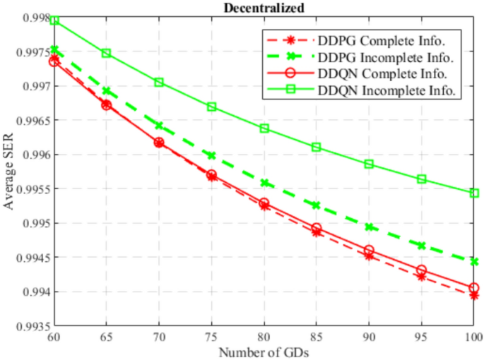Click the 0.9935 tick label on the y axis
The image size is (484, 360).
tap(30, 327)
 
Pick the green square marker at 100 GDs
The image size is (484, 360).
tap(474, 193)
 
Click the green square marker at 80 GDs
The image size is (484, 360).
tap(264, 128)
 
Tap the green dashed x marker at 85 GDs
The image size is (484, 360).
tap(317, 205)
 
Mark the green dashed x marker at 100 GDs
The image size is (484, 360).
tap(474, 262)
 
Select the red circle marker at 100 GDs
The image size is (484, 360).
tap(474, 288)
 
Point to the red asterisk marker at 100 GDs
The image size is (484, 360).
tap(474, 295)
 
